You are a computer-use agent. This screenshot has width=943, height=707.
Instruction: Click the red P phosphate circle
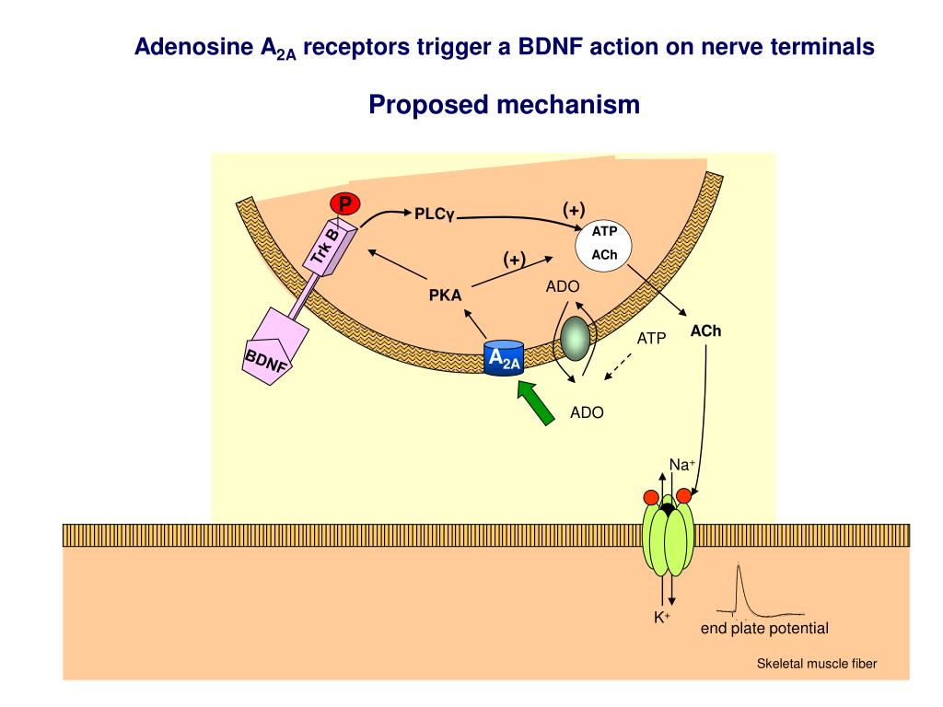point(345,203)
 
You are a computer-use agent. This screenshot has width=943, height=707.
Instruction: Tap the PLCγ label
point(435,214)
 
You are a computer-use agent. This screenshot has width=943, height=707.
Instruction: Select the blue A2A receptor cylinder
point(504,359)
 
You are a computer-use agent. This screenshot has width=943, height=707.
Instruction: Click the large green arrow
point(535,402)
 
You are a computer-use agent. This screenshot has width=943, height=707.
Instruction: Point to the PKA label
point(445,296)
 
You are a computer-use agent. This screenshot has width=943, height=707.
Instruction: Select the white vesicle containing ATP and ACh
point(604,245)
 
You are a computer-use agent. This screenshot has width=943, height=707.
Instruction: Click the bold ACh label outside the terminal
point(706,330)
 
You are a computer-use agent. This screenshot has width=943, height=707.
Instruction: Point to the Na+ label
point(681,465)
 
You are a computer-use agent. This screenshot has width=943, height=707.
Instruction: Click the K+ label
point(661,618)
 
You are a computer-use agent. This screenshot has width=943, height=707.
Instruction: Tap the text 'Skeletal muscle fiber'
point(817,663)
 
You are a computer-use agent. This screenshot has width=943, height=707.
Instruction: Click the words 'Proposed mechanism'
point(504,105)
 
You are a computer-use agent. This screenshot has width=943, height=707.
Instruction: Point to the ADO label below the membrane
point(587,412)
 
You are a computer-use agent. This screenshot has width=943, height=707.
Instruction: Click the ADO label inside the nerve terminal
point(562,286)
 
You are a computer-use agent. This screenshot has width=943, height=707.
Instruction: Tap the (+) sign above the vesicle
point(574,210)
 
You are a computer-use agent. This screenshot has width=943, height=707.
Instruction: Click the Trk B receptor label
point(324,249)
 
